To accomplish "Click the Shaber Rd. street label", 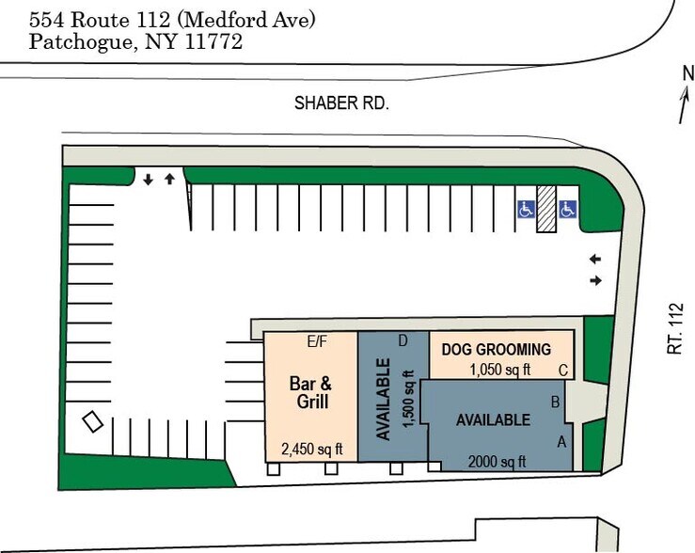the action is point(341,103).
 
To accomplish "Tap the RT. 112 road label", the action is point(674,328).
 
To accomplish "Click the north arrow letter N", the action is point(688,73).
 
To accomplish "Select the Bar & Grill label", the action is point(309,392).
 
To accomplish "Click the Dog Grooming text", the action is point(496,350).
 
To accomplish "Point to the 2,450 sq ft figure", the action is point(311,448).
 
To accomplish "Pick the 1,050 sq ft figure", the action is point(500,370).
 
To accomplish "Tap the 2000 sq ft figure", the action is point(497,461).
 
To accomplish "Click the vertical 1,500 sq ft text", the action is point(408,400).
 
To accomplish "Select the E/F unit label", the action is point(317,341).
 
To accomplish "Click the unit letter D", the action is point(403,340).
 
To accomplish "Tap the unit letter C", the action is point(562,371).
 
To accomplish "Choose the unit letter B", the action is point(555,403).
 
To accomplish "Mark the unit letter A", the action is point(562,440).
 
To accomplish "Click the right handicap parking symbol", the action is point(567,209).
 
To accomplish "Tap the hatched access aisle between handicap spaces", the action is point(545,208).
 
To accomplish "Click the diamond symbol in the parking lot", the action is point(92,422).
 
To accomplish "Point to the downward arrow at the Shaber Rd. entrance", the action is point(148,179).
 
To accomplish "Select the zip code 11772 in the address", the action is point(215,41).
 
